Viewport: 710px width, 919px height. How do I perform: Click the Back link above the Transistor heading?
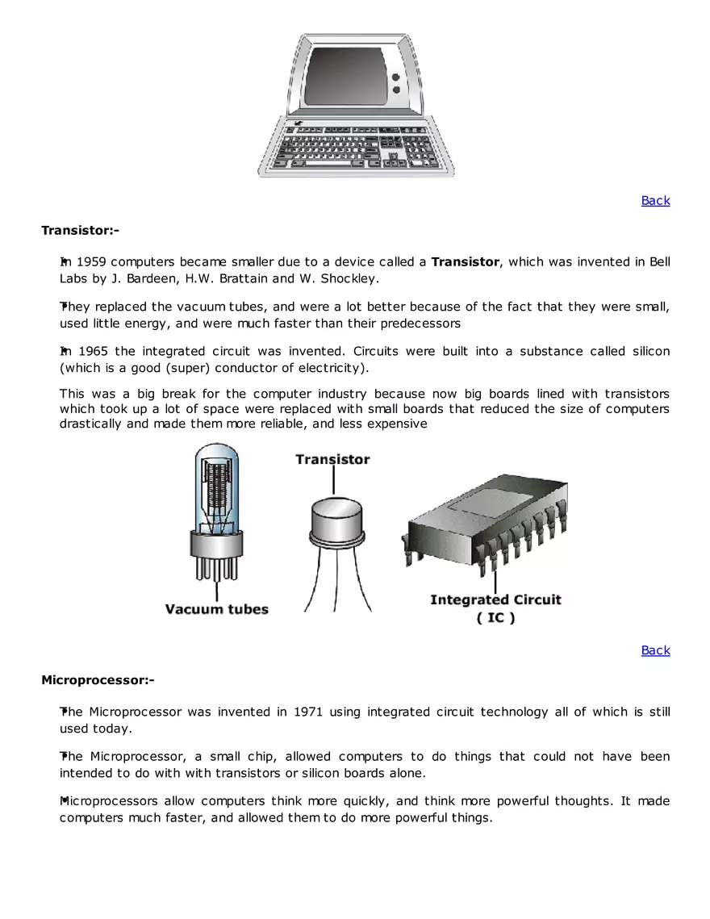click(x=655, y=200)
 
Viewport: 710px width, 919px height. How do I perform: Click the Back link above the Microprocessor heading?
click(x=655, y=650)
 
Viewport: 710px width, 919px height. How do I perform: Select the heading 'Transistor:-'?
click(x=80, y=231)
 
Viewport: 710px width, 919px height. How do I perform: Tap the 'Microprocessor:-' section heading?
click(x=98, y=680)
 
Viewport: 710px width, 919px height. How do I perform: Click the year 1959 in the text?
click(x=91, y=261)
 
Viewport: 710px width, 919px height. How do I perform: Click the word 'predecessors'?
click(x=420, y=323)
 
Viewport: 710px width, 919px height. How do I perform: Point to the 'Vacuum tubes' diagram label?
click(x=216, y=608)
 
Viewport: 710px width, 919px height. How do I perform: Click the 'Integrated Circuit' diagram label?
click(x=495, y=599)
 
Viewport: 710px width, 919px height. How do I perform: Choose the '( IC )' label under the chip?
click(x=495, y=617)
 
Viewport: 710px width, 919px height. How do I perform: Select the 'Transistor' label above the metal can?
click(x=332, y=459)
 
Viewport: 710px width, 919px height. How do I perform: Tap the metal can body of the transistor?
click(x=336, y=520)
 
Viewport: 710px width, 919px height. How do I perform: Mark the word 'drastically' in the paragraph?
click(x=91, y=424)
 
